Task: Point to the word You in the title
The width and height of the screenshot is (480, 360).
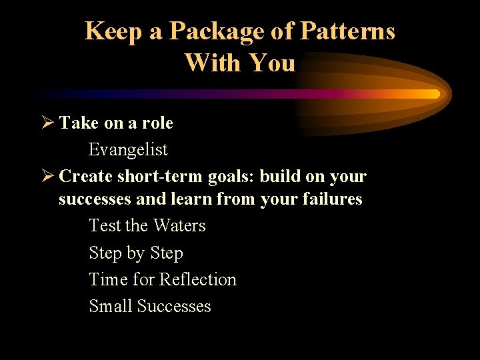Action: [271, 63]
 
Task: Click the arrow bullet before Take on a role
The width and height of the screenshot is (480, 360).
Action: [46, 123]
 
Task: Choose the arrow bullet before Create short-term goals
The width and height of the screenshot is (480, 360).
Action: [46, 177]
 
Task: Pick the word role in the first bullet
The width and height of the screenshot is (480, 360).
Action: [157, 123]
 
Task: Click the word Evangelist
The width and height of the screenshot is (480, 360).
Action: [128, 150]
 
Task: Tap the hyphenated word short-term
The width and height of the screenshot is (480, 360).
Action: [150, 177]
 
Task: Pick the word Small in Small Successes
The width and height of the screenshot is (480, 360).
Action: [111, 306]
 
